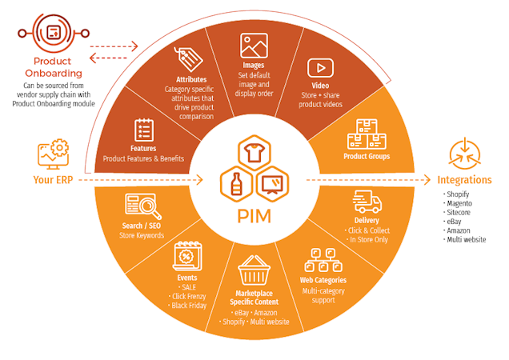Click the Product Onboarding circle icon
click(x=53, y=33)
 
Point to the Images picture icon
click(x=253, y=46)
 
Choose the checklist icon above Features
click(x=144, y=130)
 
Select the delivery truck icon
click(x=367, y=202)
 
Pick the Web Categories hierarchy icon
click(x=323, y=260)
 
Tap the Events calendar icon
click(x=186, y=258)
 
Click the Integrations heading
click(x=464, y=180)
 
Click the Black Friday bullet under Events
click(x=189, y=305)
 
